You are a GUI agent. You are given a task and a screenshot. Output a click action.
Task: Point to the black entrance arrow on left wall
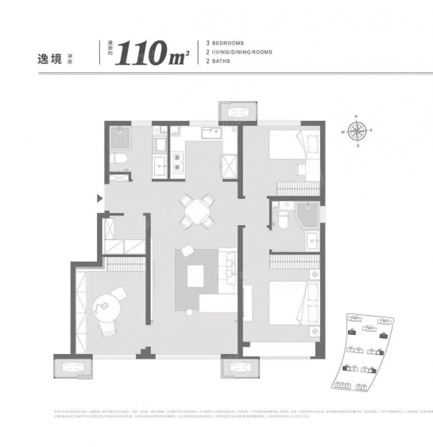click(99, 199)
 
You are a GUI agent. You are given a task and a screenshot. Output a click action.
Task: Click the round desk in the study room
click(106, 303)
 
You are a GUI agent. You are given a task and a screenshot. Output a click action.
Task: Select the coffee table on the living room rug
click(196, 275)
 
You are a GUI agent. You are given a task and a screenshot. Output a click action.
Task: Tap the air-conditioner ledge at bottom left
click(72, 367)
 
